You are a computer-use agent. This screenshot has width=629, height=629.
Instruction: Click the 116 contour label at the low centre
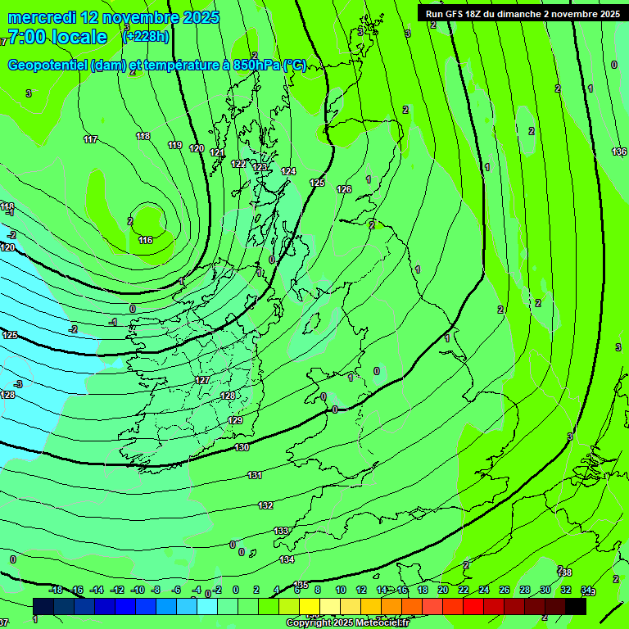[x=146, y=240]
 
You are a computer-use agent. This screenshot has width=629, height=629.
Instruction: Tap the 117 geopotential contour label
[x=90, y=139]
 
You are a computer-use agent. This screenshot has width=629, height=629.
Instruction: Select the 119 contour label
[x=174, y=145]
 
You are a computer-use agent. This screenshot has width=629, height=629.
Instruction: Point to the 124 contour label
[x=288, y=171]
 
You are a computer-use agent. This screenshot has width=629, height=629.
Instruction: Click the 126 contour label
[x=344, y=189]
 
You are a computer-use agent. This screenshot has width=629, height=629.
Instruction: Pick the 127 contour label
[x=203, y=381]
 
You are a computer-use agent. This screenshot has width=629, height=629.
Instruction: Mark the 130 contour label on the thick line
[x=242, y=447]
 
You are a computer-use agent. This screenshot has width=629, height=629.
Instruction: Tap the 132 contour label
[x=265, y=505]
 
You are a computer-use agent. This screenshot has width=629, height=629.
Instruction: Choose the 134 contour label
[x=287, y=559]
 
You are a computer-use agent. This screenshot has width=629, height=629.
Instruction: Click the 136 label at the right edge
[x=619, y=152]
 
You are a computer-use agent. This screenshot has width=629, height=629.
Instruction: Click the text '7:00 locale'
[x=57, y=37]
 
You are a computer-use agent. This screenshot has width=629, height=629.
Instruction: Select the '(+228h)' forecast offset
[x=146, y=36]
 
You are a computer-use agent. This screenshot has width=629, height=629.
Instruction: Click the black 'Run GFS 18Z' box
[x=523, y=13]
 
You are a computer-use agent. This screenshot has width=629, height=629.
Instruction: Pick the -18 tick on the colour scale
[x=56, y=590]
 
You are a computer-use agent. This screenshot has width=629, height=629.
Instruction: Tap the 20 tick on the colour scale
[x=443, y=590]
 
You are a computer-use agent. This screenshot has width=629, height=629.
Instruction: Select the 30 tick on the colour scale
[x=545, y=590]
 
